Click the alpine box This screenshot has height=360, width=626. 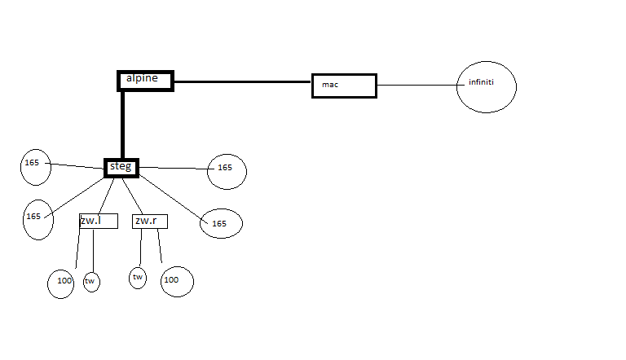[145, 80]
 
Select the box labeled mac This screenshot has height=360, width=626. [344, 85]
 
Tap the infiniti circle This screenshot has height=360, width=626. [487, 83]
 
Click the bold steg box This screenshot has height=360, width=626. [121, 167]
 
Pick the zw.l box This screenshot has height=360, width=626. [99, 221]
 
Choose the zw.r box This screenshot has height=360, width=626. [149, 221]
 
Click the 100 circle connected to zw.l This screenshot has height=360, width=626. [61, 282]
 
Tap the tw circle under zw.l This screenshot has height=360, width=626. [91, 282]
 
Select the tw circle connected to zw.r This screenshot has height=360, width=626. [139, 279]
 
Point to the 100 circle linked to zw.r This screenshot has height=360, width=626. [176, 281]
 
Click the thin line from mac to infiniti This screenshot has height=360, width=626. [417, 84]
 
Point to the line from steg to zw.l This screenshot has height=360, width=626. [104, 195]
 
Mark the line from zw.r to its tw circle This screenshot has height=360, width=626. [141, 248]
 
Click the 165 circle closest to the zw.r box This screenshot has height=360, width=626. [220, 223]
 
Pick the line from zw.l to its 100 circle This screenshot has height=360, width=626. [78, 248]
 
